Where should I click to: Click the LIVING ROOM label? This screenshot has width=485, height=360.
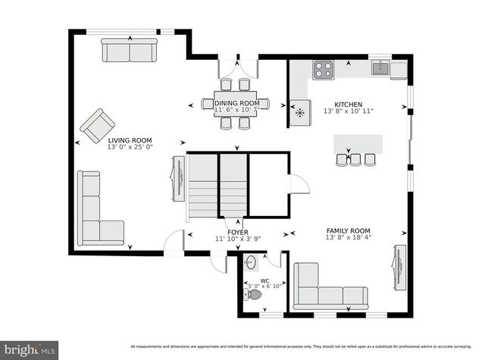pos(130,140)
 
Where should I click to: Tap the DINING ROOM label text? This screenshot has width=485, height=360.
pos(236,103)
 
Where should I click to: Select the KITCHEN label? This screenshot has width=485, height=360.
pos(349,105)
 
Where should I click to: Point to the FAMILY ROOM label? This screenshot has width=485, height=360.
pos(349,231)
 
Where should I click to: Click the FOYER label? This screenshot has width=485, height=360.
pos(238,233)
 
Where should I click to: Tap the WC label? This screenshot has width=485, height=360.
pos(264,280)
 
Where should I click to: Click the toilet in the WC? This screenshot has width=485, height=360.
pos(254,294)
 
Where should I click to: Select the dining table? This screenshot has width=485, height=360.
pos(236,103)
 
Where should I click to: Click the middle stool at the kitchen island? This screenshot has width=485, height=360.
pos(356,159)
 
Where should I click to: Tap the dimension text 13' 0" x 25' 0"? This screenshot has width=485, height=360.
pos(130,148)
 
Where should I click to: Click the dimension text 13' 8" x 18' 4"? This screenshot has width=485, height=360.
pos(349,239)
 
